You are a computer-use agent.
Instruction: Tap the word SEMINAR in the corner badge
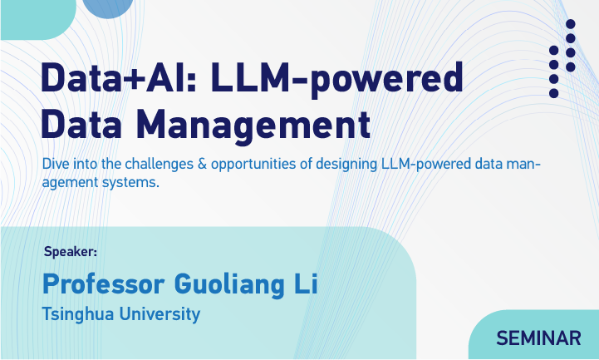538,338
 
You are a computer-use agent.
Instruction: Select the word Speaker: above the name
71,252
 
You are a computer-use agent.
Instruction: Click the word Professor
103,284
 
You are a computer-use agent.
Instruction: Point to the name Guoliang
229,285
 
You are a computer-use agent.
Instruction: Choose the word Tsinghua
78,314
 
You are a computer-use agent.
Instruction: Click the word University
160,314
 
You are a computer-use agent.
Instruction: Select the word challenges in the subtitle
160,165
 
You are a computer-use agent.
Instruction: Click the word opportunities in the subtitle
253,165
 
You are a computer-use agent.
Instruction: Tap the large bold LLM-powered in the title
336,79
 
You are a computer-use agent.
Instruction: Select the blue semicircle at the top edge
108,8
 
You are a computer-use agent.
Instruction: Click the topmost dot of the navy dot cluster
571,24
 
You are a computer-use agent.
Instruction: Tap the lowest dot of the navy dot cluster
553,93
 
